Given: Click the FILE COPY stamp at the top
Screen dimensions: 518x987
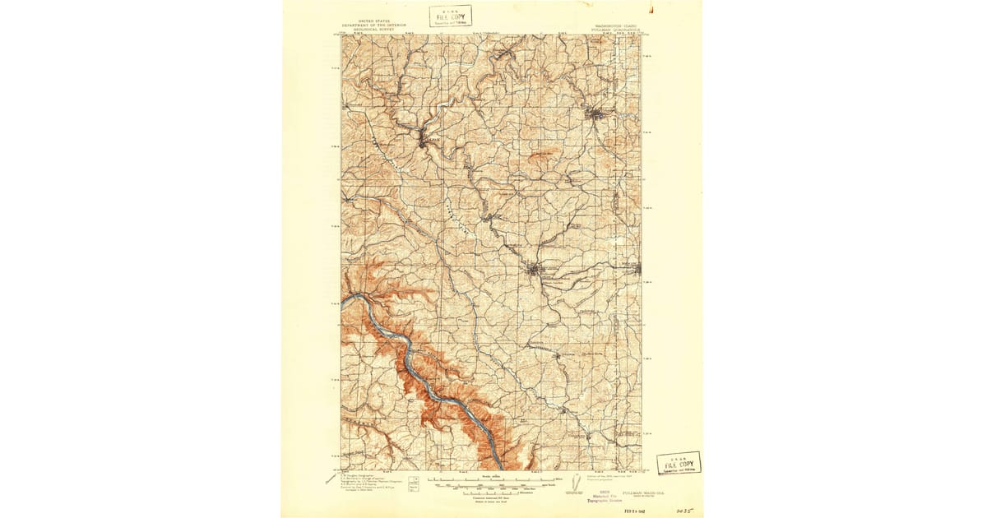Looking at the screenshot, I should point(450,16).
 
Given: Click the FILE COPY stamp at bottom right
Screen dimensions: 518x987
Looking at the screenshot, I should point(679,464).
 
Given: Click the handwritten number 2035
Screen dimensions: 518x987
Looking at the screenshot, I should point(683,510).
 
